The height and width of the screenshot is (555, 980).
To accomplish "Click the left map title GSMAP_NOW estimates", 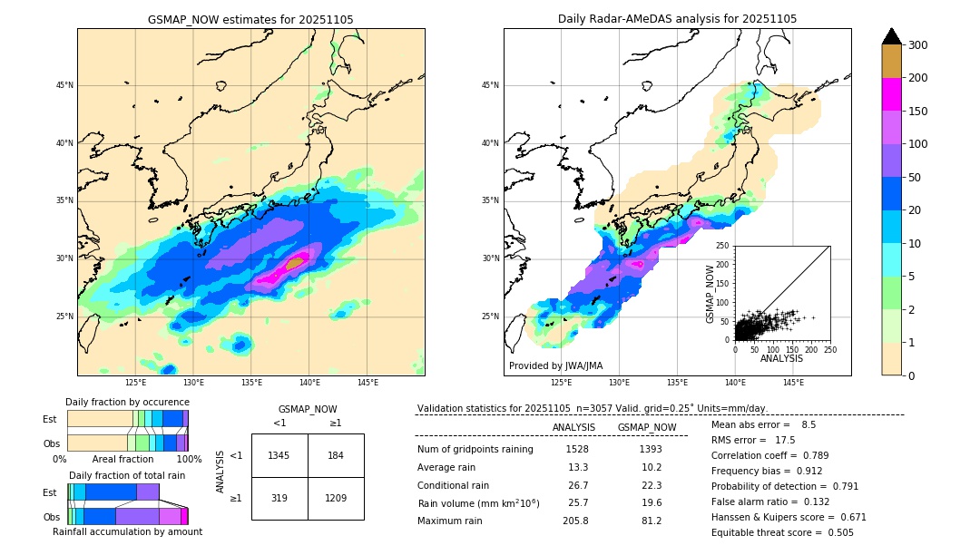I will [x=250, y=19].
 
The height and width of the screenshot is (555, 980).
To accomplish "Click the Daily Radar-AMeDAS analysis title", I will [x=677, y=19].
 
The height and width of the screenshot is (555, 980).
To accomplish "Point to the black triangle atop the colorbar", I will [x=892, y=36].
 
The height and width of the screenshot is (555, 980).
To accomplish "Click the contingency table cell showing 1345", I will [x=279, y=455].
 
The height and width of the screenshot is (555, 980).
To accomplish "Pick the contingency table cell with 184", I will [x=336, y=455].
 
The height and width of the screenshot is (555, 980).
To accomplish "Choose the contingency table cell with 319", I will [x=279, y=498].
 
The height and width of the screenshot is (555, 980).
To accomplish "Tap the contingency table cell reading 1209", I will [x=336, y=498].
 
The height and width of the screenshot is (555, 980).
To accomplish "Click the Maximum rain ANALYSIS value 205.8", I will [x=576, y=521].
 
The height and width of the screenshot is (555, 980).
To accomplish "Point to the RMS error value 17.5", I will [x=784, y=440].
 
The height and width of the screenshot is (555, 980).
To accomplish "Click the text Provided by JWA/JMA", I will [x=555, y=366].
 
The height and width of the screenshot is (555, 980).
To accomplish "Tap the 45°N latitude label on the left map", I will [x=64, y=85].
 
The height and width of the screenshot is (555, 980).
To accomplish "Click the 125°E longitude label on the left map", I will [x=136, y=384].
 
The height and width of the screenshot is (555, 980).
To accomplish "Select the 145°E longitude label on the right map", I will [x=793, y=384].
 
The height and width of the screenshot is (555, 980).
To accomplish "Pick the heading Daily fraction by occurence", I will [x=127, y=402].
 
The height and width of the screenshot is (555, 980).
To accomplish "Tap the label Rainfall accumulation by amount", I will [x=127, y=531].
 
